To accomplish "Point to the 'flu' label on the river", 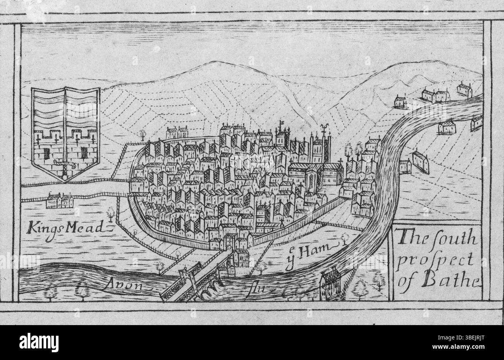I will coord(257,288).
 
